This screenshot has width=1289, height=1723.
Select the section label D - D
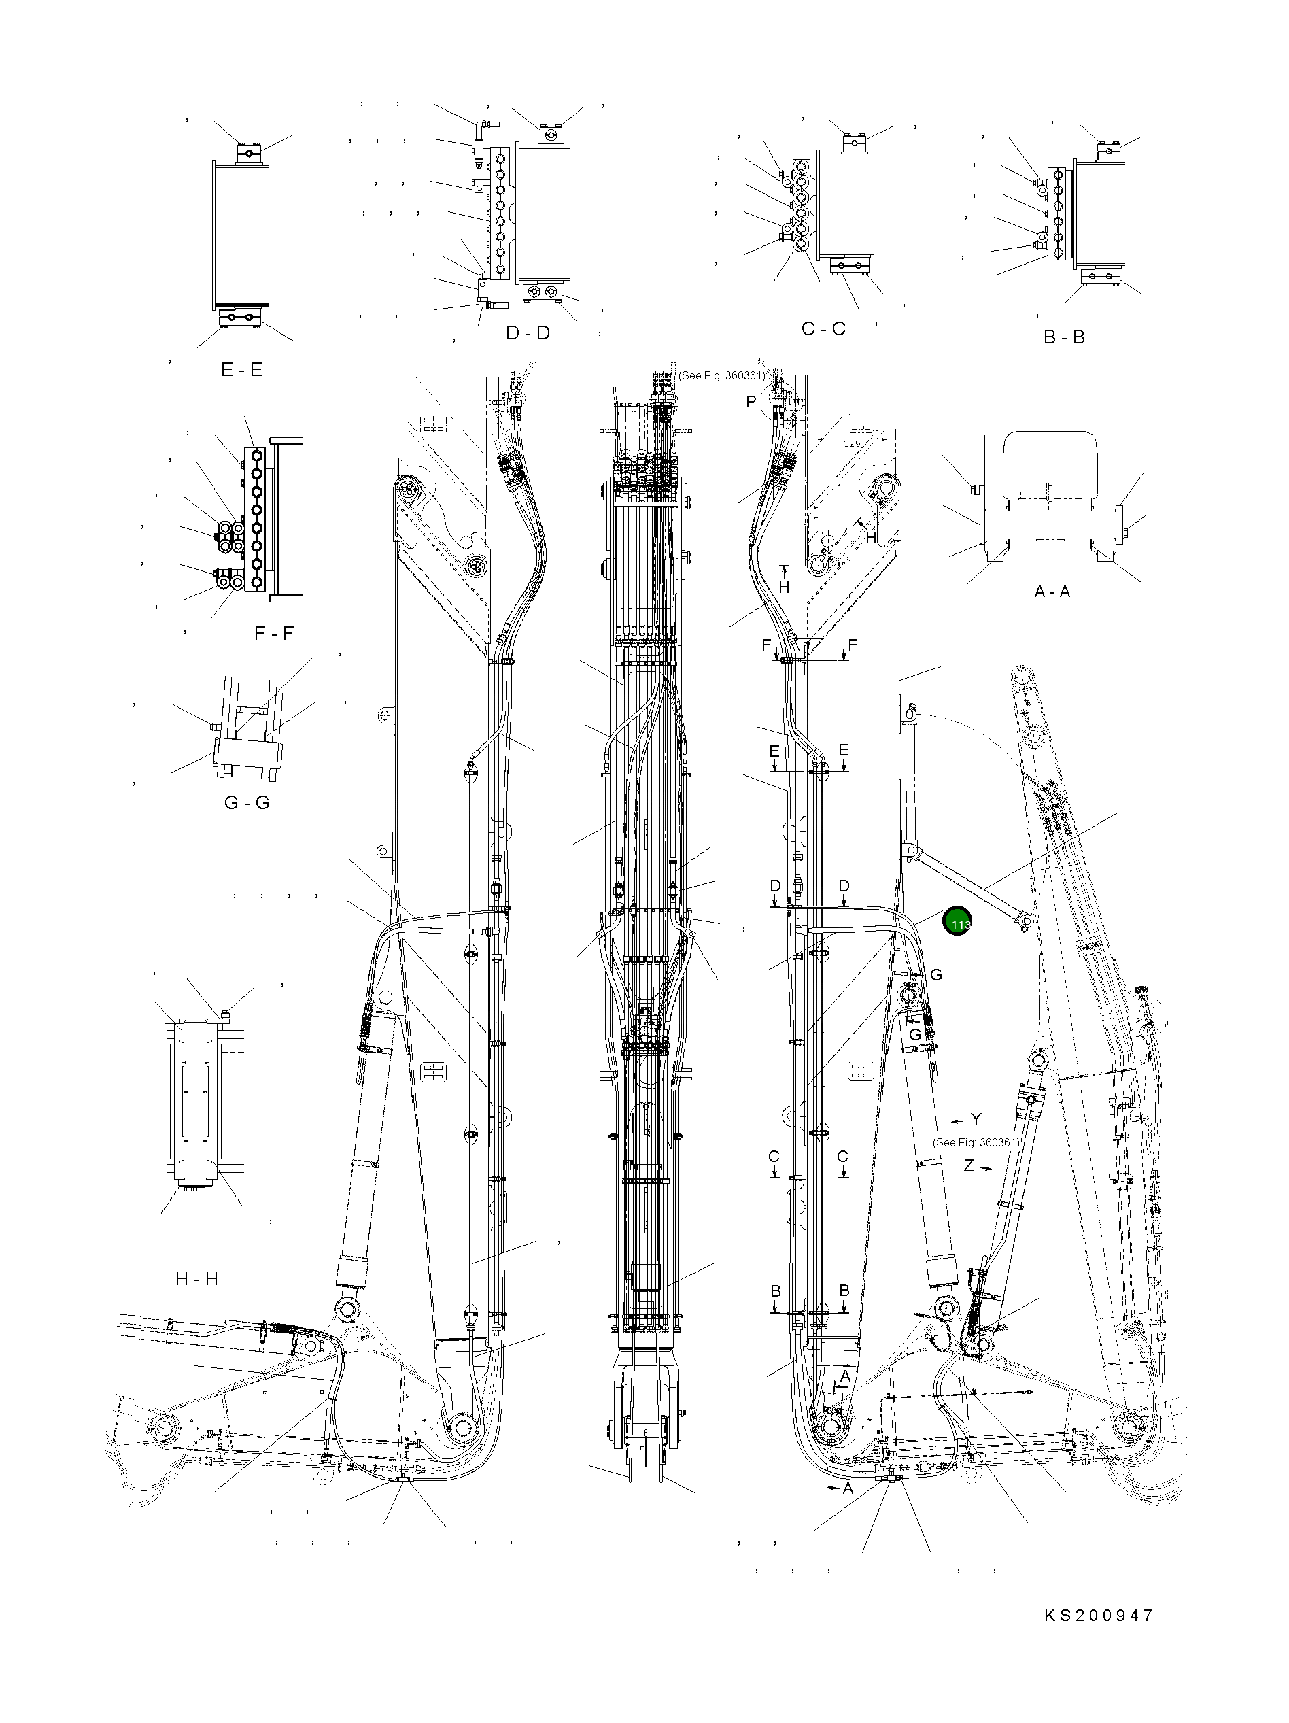coord(528,332)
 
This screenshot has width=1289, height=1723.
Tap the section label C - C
coord(823,328)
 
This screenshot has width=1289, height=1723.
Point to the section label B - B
coord(1063,337)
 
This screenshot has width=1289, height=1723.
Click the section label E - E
coord(241,369)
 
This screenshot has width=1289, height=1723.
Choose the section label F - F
coord(273,633)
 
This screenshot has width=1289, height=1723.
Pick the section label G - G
coord(246,802)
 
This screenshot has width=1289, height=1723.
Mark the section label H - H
coord(196,1278)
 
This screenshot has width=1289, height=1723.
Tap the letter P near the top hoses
coord(751,402)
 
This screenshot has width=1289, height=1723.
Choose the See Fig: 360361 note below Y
coord(975,1143)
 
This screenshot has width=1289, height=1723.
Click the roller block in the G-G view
coord(246,754)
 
